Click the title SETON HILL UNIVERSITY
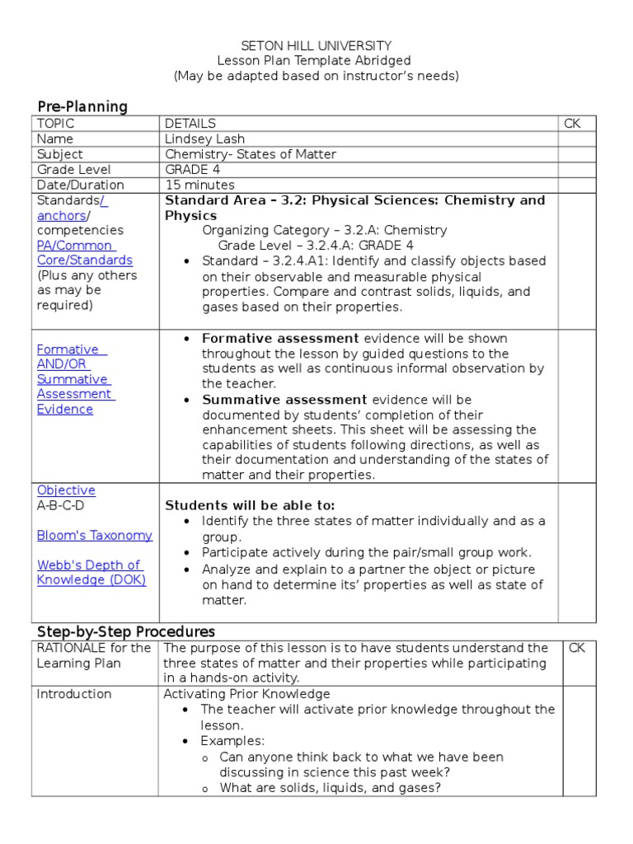click(x=316, y=46)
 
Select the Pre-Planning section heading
click(x=82, y=106)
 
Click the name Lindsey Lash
click(x=204, y=139)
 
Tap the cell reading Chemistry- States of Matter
click(x=251, y=154)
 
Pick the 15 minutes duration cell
click(x=199, y=185)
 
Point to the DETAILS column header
click(x=190, y=124)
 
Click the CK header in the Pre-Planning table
click(x=572, y=124)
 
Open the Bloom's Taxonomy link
click(x=94, y=535)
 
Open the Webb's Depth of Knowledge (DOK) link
click(x=91, y=572)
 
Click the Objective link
click(x=66, y=490)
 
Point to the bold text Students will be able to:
click(x=251, y=505)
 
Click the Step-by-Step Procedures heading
click(x=125, y=631)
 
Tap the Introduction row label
click(x=73, y=694)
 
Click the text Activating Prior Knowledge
click(x=246, y=694)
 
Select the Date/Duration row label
click(x=80, y=185)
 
